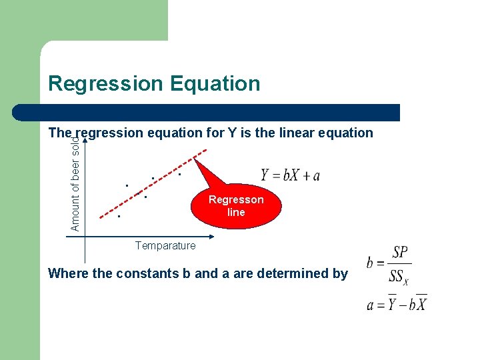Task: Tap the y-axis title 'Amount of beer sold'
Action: point(75,184)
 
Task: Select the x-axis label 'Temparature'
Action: point(165,246)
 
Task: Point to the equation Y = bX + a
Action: point(290,175)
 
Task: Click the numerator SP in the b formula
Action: point(400,253)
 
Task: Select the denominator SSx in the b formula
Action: point(399,275)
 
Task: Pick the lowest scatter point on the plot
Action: point(119,217)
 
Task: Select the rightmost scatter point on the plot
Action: point(179,175)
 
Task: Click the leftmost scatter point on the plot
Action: point(119,217)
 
